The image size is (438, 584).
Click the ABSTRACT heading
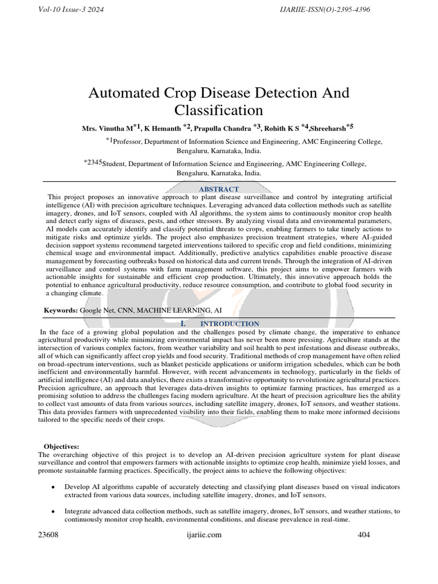(x=218, y=189)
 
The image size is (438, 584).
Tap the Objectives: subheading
(x=62, y=446)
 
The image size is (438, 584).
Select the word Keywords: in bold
(x=61, y=310)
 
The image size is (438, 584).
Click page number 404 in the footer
(x=364, y=535)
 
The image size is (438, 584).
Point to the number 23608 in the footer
(x=48, y=535)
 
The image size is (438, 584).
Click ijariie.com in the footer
(x=204, y=535)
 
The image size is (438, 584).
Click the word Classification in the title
(x=218, y=109)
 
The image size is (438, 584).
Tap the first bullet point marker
(x=53, y=488)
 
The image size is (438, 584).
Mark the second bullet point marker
(x=53, y=512)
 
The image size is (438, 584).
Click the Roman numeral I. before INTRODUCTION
(x=184, y=323)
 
